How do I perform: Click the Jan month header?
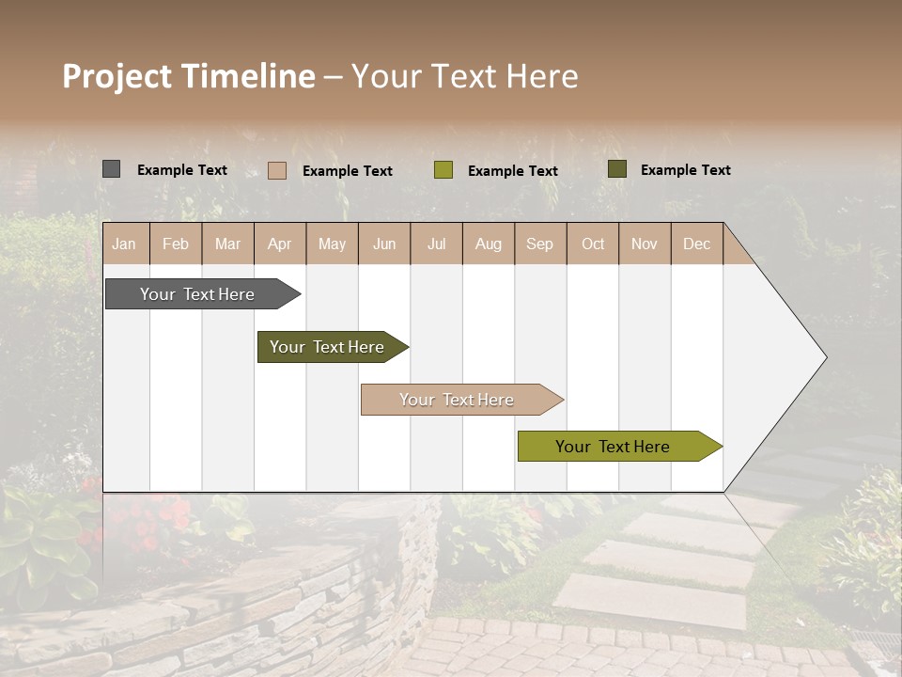point(124,244)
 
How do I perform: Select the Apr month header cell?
point(280,244)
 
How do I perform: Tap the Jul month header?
point(436,244)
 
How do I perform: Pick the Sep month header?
point(540,244)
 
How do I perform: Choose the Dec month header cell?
point(696,244)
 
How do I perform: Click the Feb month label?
point(176,244)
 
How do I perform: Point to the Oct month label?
point(593,244)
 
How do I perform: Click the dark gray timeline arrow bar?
point(197,294)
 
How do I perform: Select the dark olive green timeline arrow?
point(327,347)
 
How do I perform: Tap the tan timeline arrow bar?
point(457,400)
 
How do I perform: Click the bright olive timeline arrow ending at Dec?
point(613,447)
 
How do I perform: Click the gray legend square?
point(111,169)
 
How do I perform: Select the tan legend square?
point(276,170)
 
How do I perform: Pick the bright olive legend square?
point(443,170)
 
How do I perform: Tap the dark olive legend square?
point(616,169)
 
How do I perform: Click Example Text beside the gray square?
point(182,170)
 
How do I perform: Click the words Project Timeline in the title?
point(188,76)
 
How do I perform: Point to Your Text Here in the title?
point(464,76)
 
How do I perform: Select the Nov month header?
point(645,244)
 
